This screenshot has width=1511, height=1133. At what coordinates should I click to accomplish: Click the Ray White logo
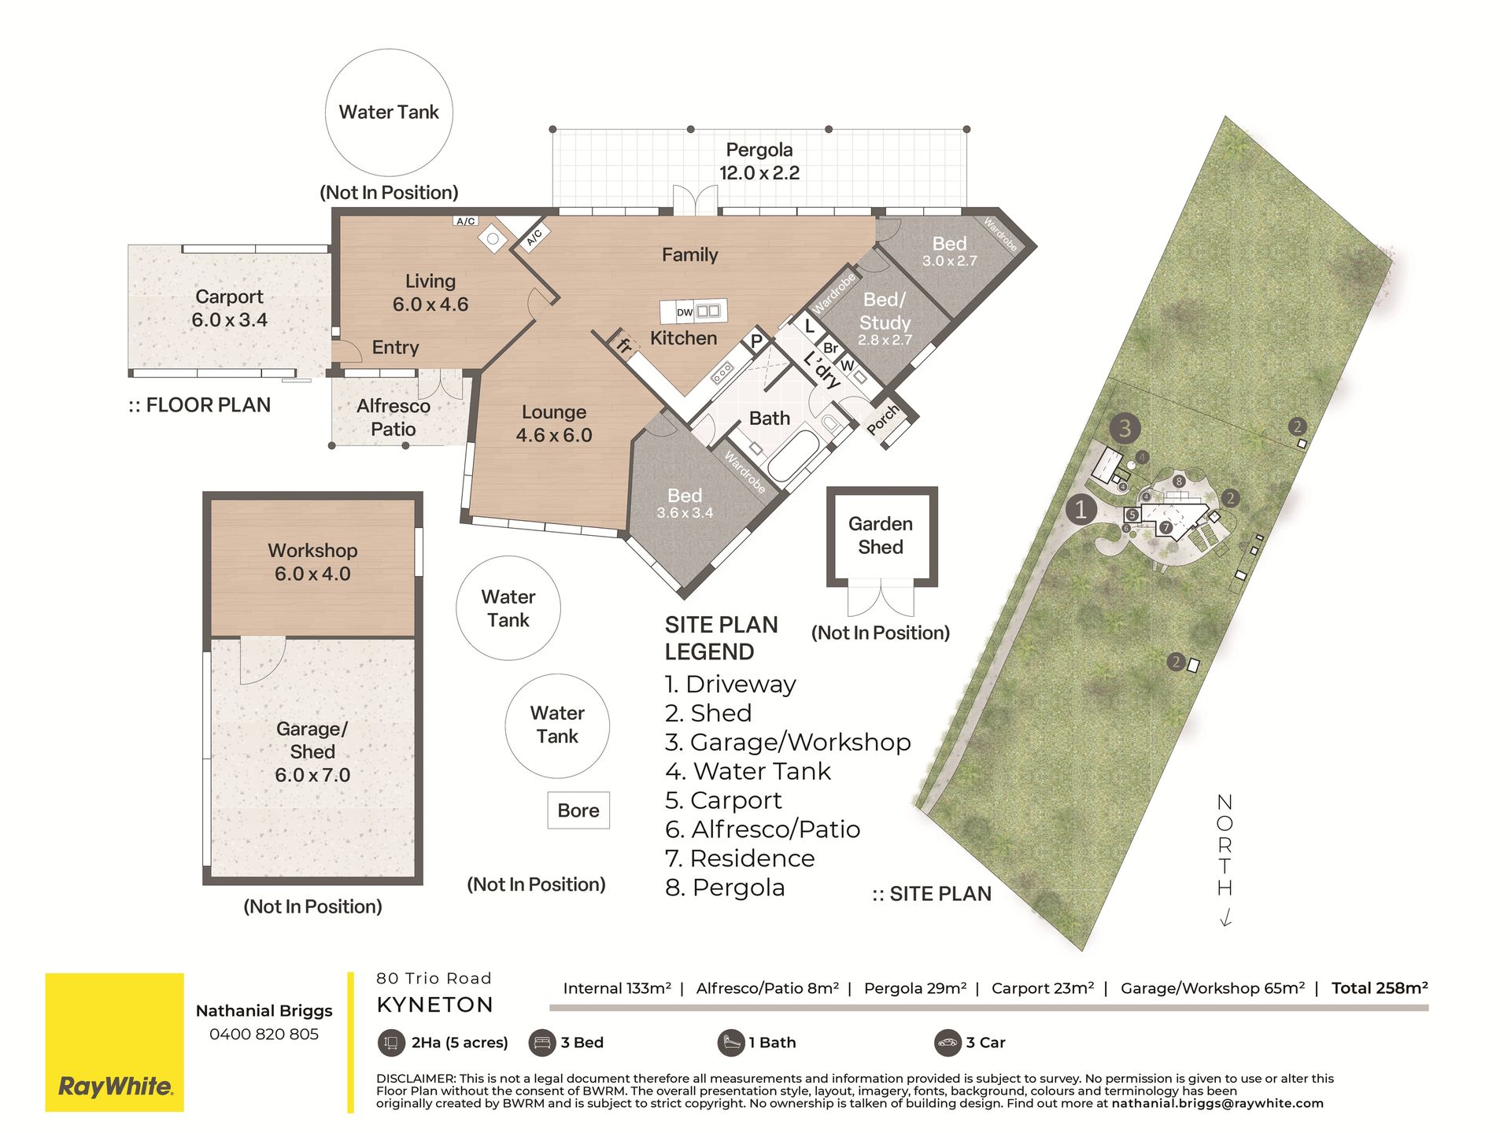click(114, 1042)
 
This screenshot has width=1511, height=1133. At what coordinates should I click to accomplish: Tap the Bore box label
click(578, 810)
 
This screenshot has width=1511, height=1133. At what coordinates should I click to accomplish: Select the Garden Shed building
click(881, 537)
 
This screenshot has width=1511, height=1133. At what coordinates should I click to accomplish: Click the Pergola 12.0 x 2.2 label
click(759, 161)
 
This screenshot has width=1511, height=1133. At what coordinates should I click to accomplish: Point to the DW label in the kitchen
click(685, 312)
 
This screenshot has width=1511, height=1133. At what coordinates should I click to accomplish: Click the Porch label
click(883, 419)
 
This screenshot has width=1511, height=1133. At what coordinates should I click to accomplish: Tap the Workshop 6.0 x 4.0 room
click(312, 567)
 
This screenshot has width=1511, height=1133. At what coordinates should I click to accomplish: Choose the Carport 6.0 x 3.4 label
click(230, 308)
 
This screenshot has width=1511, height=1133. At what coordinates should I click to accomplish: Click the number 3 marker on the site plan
click(1125, 429)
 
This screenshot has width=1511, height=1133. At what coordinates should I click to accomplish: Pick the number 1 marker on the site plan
click(1081, 510)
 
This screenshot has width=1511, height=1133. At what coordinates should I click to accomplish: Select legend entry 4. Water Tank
click(748, 771)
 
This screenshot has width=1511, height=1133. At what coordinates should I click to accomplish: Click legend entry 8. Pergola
click(725, 888)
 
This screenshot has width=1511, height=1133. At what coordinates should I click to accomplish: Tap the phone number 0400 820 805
click(264, 1034)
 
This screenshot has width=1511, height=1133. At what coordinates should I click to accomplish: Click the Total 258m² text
click(1380, 988)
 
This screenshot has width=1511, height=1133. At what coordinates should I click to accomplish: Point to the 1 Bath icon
click(731, 1043)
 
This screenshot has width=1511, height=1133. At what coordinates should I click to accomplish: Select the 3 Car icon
click(948, 1043)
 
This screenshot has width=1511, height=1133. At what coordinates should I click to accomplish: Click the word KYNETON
click(435, 1005)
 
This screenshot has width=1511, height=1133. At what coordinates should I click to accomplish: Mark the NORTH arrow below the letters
click(1225, 917)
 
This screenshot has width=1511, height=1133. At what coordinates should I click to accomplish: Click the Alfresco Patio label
click(393, 418)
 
